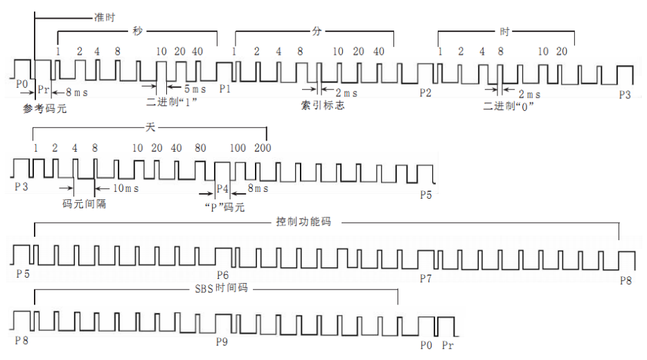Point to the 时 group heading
click(x=505, y=31)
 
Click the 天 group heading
click(x=151, y=129)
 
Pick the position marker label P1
click(x=224, y=89)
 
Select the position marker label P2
click(x=425, y=93)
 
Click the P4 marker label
click(x=222, y=188)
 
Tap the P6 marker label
click(x=223, y=275)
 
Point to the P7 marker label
click(x=425, y=278)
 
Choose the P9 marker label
click(x=222, y=341)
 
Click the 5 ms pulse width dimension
click(x=195, y=89)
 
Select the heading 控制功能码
click(x=302, y=222)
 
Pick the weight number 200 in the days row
click(x=263, y=148)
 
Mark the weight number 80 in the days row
click(x=200, y=148)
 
